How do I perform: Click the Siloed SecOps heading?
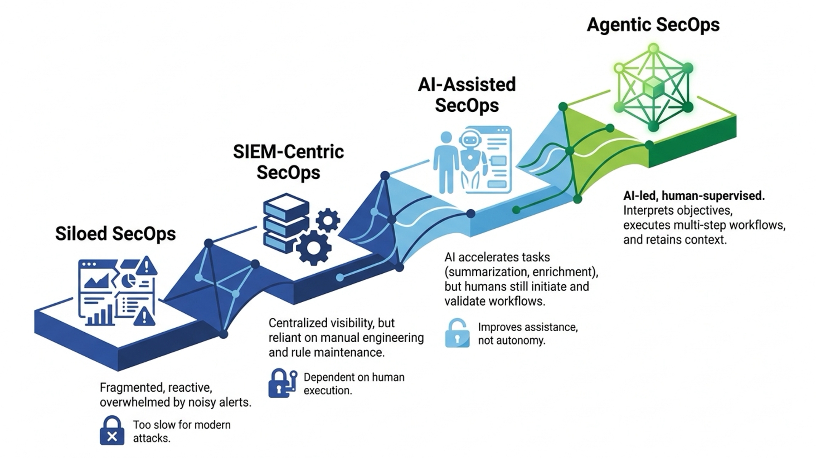[115, 234]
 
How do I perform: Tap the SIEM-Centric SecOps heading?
[289, 162]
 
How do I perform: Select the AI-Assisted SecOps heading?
[467, 95]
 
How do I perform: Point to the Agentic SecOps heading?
[653, 25]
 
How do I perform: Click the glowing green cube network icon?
[653, 88]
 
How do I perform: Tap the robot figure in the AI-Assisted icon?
[471, 160]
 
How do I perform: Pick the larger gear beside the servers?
[314, 248]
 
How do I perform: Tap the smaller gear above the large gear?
[328, 220]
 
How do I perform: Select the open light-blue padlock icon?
[457, 333]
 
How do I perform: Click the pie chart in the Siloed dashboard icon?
[128, 280]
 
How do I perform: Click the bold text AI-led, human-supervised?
[694, 196]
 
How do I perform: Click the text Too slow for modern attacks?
[182, 431]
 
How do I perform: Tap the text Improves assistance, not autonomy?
[528, 334]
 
